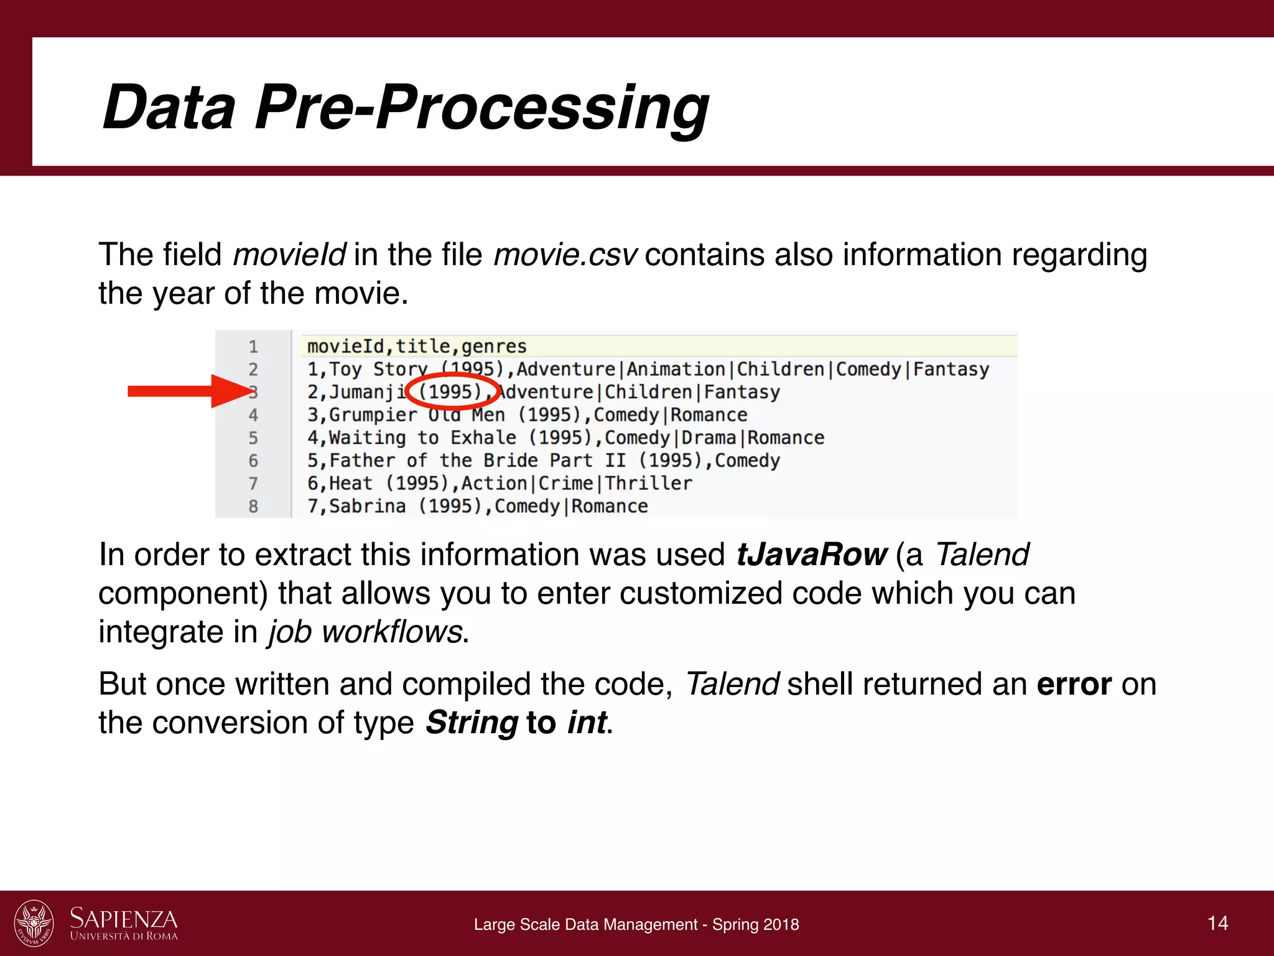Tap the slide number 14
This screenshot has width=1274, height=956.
point(1217,922)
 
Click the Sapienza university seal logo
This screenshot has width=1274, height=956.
point(34,922)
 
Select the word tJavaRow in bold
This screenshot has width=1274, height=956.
point(811,554)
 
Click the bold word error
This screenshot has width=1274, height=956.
point(1074,684)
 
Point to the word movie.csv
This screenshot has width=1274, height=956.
point(565,255)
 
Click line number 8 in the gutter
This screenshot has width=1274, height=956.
point(253,507)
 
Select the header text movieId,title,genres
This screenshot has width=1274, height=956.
point(417,346)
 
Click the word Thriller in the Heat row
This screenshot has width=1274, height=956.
point(649,484)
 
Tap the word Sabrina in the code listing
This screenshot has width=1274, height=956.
point(367,507)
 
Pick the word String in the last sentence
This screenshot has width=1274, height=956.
point(472,723)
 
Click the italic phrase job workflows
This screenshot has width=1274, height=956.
point(365,632)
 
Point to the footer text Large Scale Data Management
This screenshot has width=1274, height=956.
point(585,924)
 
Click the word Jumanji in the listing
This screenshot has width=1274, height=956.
point(367,392)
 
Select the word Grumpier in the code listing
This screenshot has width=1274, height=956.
point(373,415)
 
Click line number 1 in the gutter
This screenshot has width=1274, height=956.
point(253,347)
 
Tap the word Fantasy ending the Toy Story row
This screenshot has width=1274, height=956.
point(951,369)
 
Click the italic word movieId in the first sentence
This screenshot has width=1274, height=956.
point(289,255)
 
